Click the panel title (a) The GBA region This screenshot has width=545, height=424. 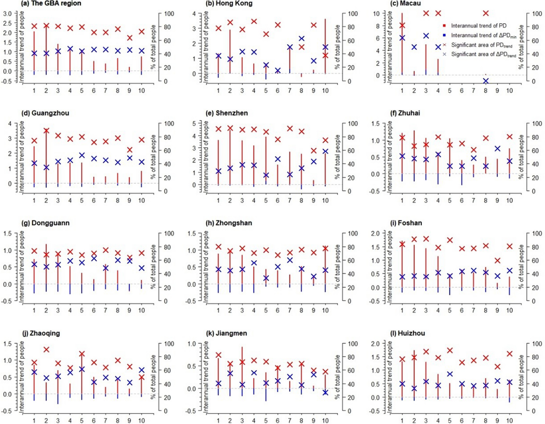point(51,3)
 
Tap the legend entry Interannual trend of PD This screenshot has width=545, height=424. point(478,26)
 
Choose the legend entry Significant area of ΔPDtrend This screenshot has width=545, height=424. point(483,54)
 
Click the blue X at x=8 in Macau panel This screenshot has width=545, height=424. point(486,81)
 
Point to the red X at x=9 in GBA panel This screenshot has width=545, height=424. point(130,38)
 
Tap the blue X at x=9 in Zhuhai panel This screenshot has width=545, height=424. point(497,149)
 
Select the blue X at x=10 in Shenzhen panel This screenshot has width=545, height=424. point(325,151)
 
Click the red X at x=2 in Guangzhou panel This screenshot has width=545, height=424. point(46,131)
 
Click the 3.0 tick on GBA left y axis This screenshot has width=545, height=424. point(8,14)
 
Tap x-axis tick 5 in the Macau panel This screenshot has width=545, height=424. point(450,91)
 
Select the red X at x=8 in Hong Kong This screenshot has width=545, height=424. point(301,47)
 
